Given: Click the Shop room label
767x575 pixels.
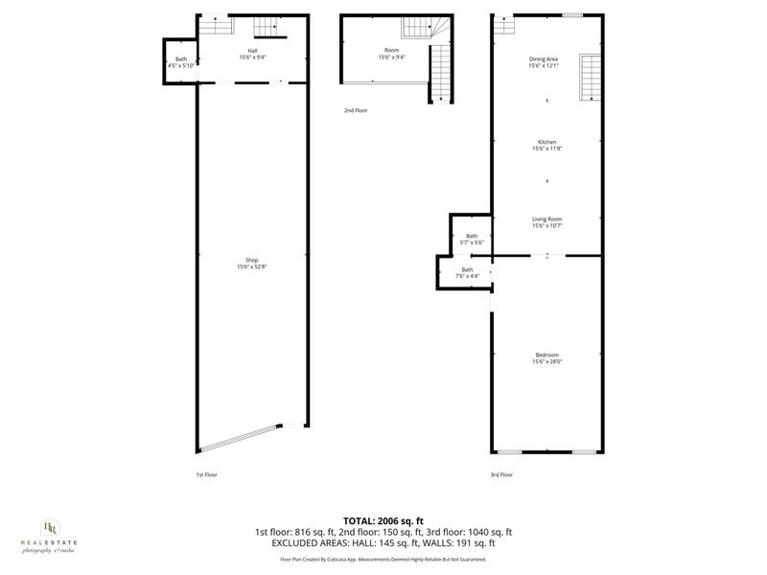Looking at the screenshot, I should coord(252,260).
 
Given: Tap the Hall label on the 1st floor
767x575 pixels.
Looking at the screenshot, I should coord(253,51).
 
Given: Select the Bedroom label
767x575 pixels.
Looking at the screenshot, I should coord(546,354).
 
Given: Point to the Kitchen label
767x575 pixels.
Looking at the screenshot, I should coord(546,142).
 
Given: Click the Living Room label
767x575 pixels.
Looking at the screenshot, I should coord(546,219).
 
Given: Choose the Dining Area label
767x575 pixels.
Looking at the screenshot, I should coord(545,59).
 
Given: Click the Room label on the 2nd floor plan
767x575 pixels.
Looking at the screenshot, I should coord(391,50).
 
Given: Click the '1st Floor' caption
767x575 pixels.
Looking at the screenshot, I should coord(207,474).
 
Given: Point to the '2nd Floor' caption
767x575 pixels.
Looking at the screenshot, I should coord(356,110).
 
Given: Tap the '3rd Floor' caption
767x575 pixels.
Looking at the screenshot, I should coord(501,474).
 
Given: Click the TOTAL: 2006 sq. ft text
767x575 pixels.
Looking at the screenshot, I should coord(383,520).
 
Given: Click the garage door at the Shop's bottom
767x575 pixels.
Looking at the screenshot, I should coord(240,439).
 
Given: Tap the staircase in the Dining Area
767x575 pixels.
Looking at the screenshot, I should coord(590,79).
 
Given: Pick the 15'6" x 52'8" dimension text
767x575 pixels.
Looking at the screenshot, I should coord(252,267).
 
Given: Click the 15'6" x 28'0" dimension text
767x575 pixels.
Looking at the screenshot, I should coord(546,361).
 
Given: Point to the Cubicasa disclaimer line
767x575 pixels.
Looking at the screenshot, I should coord(383,559).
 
